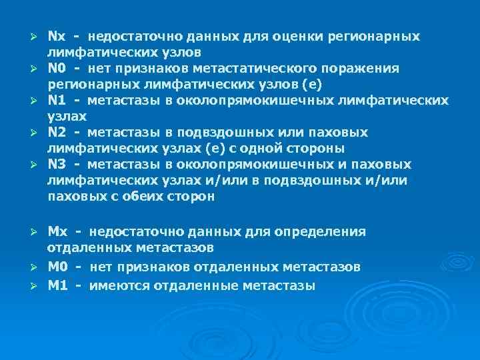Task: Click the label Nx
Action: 57,35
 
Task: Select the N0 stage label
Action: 57,68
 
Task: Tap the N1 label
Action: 57,100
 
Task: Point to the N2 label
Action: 57,133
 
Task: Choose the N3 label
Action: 57,165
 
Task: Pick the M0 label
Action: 57,267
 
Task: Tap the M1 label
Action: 57,285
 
